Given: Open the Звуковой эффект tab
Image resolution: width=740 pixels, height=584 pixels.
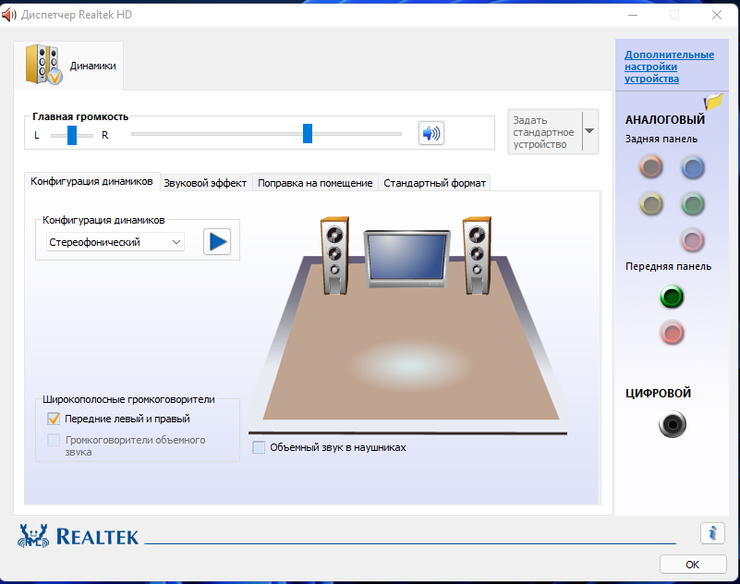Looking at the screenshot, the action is point(205,183).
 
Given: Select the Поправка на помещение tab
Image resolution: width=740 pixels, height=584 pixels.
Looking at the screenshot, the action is point(315,183).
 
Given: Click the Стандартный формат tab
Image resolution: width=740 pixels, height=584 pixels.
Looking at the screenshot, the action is point(434,183).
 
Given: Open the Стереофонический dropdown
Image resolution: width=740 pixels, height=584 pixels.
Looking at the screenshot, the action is point(115,242).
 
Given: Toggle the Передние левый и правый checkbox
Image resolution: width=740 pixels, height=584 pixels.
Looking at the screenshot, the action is point(54,419).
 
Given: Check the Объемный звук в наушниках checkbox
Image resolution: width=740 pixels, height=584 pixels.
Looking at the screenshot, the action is point(259,447).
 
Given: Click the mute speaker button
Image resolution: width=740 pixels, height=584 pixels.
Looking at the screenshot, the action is point(431,134).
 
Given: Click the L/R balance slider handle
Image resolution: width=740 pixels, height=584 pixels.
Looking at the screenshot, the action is point(72,135).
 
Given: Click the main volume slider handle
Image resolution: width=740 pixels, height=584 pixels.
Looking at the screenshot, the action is point(308,134).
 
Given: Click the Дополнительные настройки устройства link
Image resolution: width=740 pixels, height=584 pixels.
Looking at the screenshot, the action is point(669,67).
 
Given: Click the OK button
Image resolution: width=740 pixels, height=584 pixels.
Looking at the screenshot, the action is point(692,565).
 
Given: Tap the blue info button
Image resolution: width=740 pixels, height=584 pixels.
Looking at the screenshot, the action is point(712,533).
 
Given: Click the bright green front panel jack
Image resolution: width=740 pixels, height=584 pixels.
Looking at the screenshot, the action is point(672,297).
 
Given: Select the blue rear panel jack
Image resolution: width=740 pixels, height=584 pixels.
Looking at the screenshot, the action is point(692,167).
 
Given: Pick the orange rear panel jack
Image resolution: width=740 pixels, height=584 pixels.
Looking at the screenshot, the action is point(650,166).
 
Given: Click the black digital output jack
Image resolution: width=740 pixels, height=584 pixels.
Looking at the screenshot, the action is point(673,424).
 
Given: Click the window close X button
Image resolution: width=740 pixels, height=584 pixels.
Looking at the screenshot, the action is point(717,15).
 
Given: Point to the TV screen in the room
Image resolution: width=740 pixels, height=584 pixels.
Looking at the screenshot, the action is point(406,257).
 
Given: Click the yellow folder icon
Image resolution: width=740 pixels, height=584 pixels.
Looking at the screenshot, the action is point(713,101).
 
